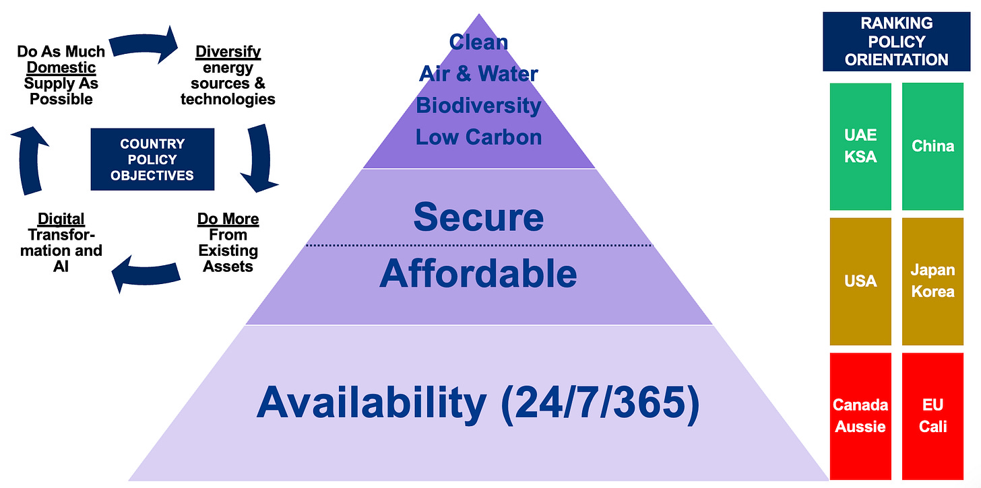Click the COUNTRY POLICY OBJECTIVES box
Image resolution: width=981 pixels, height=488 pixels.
coord(152,160)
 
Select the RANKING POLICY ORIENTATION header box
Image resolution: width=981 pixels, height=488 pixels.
coord(897,42)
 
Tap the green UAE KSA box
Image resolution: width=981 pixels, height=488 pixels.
coord(860,146)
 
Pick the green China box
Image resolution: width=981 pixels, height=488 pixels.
coord(932,146)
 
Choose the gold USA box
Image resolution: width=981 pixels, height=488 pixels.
coord(860,281)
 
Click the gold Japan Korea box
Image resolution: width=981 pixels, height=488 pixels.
coord(932,281)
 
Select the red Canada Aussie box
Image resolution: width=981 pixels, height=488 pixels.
coord(860,416)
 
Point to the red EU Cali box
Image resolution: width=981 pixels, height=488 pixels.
coord(932,416)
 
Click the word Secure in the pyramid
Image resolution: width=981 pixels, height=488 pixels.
coord(478,217)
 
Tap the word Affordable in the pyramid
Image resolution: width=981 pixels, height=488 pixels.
coord(478,273)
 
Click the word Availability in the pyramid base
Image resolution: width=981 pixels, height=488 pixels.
coord(371,403)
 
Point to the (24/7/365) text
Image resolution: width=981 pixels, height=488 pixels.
coord(600,404)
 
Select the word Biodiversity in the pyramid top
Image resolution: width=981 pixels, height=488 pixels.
coord(478,106)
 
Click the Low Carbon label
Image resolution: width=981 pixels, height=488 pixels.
coord(478,137)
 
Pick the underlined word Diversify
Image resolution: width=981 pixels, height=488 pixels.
coord(228,52)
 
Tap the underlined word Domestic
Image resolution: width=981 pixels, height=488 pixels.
coord(61,67)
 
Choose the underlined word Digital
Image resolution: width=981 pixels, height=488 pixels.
coord(61,219)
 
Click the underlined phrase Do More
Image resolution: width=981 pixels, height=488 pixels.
coord(228,219)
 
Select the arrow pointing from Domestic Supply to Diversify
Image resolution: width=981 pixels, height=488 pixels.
coord(144,44)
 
